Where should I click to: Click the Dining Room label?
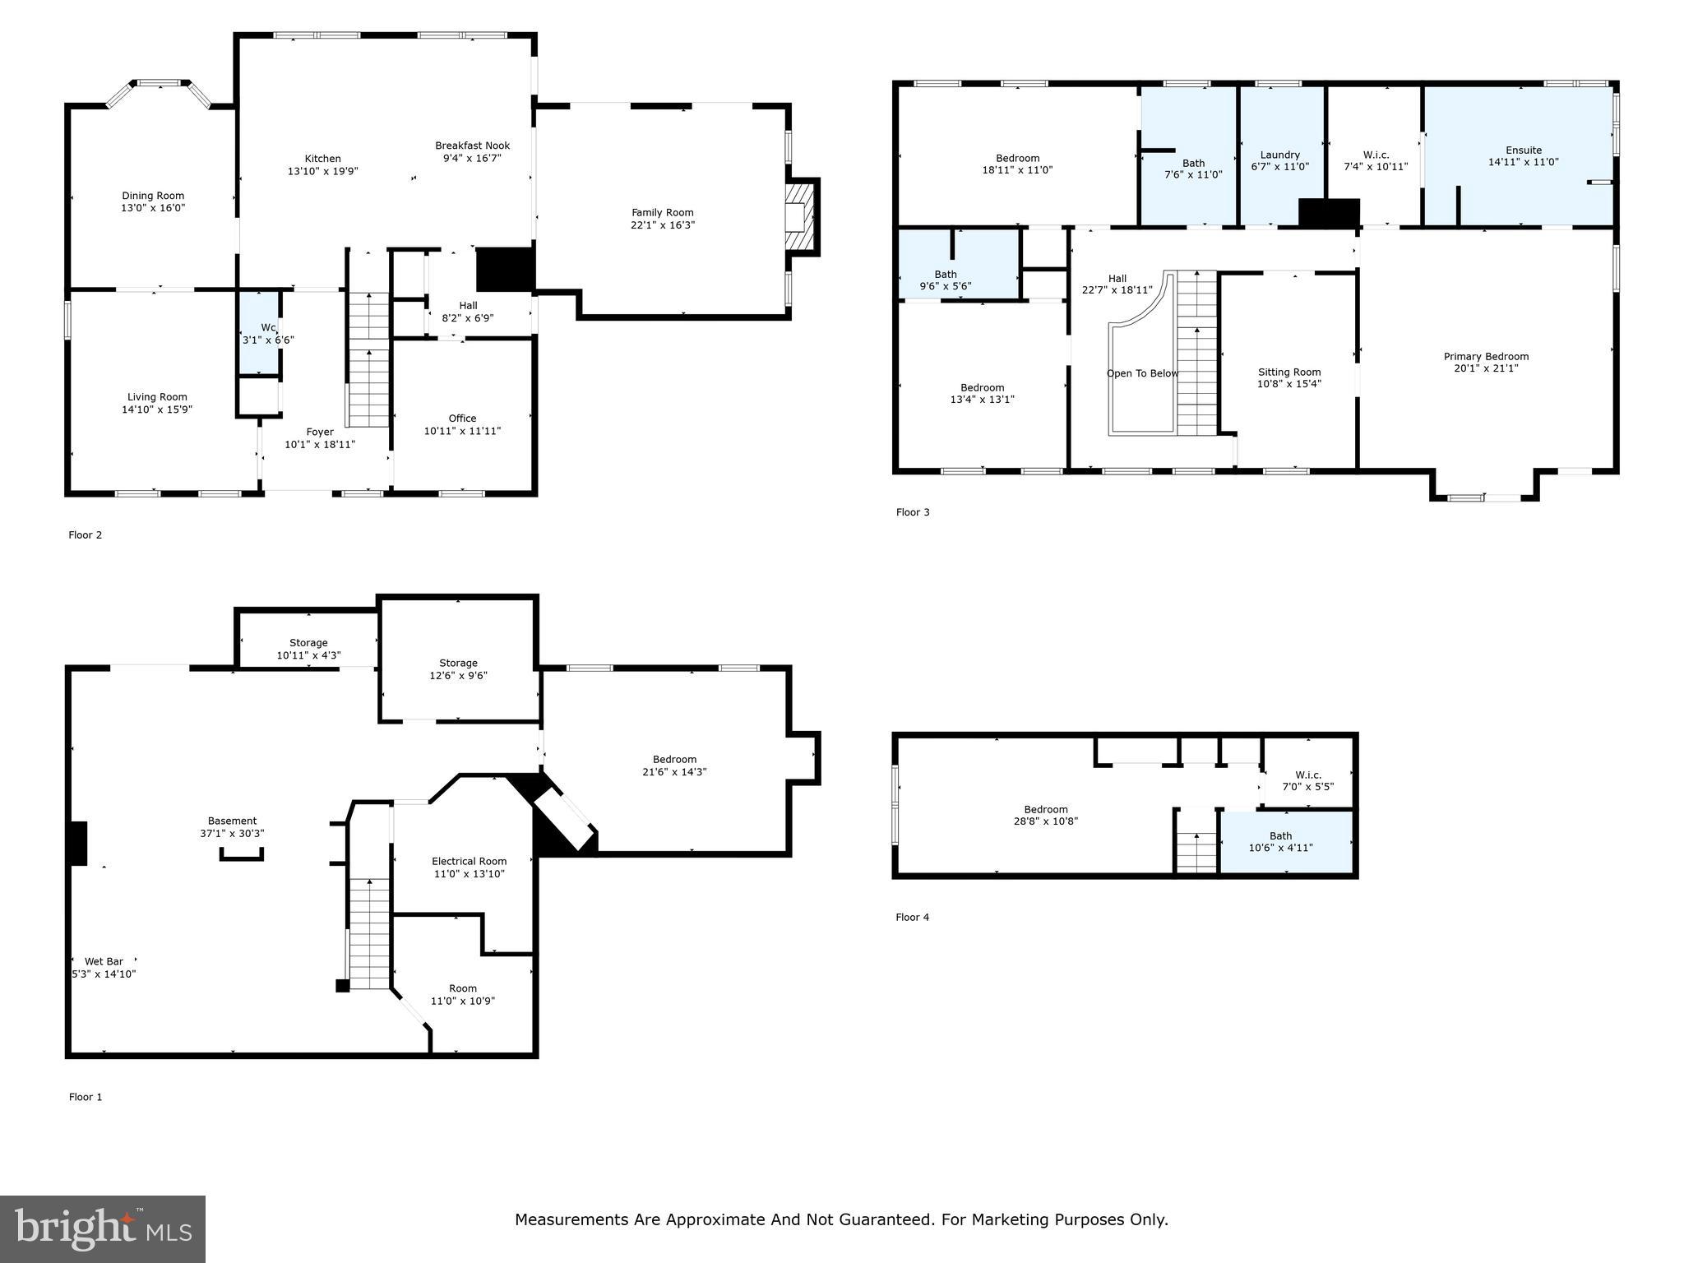(153, 196)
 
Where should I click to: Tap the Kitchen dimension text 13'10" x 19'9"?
(323, 171)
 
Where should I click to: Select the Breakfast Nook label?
(473, 146)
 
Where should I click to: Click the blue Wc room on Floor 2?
(259, 333)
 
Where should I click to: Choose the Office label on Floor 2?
(462, 419)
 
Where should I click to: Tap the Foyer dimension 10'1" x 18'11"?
(320, 444)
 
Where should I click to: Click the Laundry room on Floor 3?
(1281, 155)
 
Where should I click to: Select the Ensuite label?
(1524, 150)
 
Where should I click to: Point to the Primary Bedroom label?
(1486, 357)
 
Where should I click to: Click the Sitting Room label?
(1289, 372)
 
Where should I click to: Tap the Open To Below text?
(1142, 373)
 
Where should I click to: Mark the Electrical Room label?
(470, 862)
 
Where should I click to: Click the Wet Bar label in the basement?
(104, 961)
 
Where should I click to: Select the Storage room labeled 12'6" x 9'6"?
(458, 659)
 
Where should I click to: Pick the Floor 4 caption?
(913, 917)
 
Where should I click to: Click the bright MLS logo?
(103, 1229)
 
